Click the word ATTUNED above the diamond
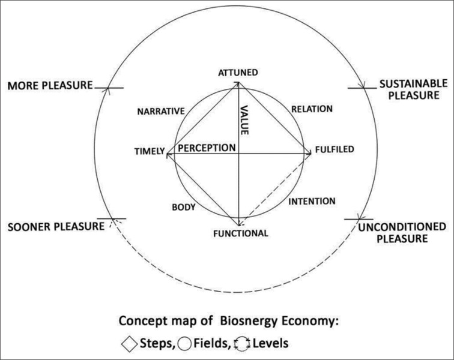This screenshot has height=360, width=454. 238,73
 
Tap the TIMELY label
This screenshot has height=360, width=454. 148,152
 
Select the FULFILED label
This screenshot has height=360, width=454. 334,149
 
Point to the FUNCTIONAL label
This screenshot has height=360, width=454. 240,232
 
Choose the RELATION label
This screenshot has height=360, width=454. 311,109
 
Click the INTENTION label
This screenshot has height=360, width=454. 312,202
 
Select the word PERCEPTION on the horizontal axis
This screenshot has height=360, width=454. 205,148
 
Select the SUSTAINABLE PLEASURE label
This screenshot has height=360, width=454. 409,89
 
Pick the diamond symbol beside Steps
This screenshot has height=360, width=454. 128,345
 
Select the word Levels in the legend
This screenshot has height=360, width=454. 271,345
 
